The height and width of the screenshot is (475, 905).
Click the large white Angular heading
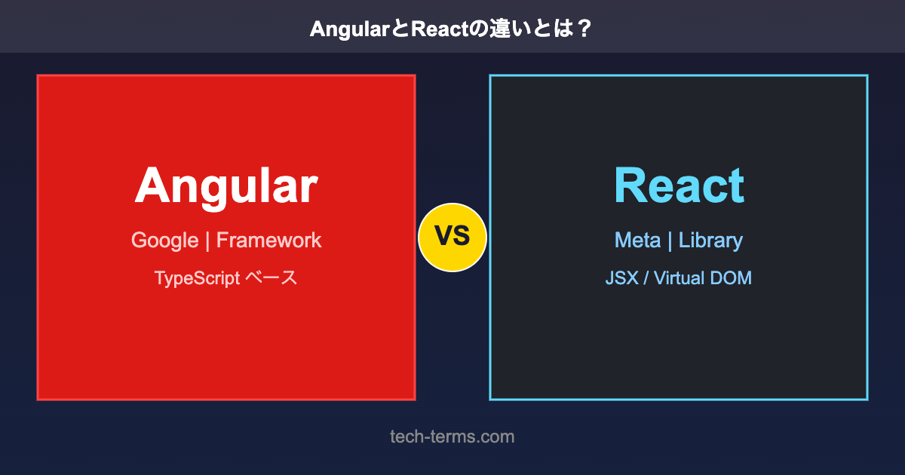tap(226, 188)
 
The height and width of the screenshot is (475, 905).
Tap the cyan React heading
tap(680, 185)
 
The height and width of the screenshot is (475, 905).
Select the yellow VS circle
tap(452, 237)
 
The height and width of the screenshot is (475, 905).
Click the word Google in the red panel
tap(165, 241)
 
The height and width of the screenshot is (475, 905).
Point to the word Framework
tap(268, 241)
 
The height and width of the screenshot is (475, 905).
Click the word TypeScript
tap(197, 279)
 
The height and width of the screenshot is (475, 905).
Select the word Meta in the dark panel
tap(637, 241)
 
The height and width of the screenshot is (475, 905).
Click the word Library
tap(710, 241)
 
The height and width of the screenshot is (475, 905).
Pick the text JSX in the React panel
tap(621, 278)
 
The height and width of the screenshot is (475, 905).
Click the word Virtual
tap(679, 278)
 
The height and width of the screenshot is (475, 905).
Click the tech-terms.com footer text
tap(452, 437)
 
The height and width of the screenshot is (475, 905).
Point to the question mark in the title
tap(584, 29)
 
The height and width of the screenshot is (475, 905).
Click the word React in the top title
tap(439, 29)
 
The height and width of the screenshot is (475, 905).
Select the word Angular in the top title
tap(349, 30)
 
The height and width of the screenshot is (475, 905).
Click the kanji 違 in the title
tap(499, 29)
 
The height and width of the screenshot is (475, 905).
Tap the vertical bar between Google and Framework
tap(207, 241)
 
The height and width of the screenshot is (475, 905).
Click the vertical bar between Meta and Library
tap(670, 241)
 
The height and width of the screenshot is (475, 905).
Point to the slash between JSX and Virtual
tap(646, 278)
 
